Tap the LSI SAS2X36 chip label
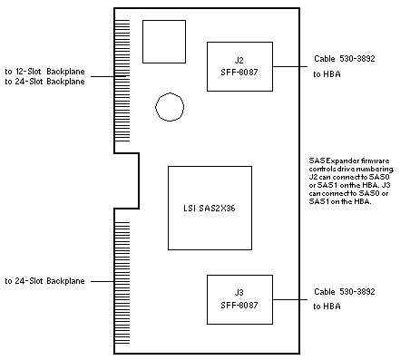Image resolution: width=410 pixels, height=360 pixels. tap(210, 209)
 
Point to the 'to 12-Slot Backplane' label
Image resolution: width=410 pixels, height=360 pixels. tap(44, 72)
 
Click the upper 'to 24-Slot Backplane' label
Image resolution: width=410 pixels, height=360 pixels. tap(44, 82)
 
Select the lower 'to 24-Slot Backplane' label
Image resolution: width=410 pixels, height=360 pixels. tap(44, 281)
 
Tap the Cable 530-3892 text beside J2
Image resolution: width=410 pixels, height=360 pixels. tap(345, 59)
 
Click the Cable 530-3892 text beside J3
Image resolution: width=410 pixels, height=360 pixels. tap(345, 292)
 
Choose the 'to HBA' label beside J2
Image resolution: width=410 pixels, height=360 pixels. tap(327, 74)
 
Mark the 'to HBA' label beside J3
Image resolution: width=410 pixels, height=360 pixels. tap(327, 306)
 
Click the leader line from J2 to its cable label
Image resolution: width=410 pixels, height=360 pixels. tap(290, 66)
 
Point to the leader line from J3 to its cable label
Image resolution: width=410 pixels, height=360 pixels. tap(290, 299)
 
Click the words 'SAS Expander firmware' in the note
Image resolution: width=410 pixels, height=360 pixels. tap(349, 161)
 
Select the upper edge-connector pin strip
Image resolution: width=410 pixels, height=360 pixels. tap(122, 81)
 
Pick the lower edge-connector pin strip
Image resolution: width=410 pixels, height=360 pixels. tap(122, 283)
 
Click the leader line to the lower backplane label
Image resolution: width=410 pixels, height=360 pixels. tap(102, 281)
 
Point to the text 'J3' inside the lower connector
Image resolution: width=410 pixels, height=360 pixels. tap(239, 293)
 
